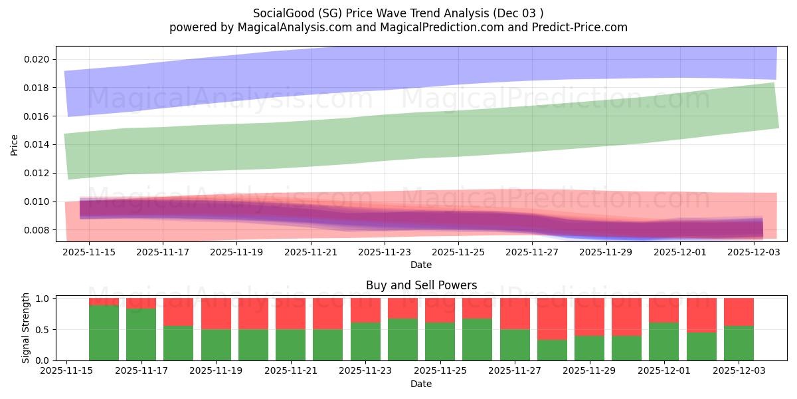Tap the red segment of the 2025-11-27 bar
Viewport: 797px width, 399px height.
pyautogui.click(x=515, y=313)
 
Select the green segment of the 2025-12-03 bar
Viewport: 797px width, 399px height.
pyautogui.click(x=739, y=343)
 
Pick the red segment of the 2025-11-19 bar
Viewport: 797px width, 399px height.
pyautogui.click(x=216, y=313)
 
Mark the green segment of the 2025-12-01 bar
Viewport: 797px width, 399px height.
pyautogui.click(x=664, y=341)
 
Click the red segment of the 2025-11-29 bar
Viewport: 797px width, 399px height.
pyautogui.click(x=589, y=317)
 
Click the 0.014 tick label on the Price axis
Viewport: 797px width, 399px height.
pyautogui.click(x=36, y=145)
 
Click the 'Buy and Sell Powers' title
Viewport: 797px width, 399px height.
pyautogui.click(x=421, y=285)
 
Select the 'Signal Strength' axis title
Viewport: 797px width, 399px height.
pyautogui.click(x=26, y=328)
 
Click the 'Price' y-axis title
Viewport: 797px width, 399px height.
pyautogui.click(x=15, y=145)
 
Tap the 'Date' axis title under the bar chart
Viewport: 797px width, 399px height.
pyautogui.click(x=421, y=384)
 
